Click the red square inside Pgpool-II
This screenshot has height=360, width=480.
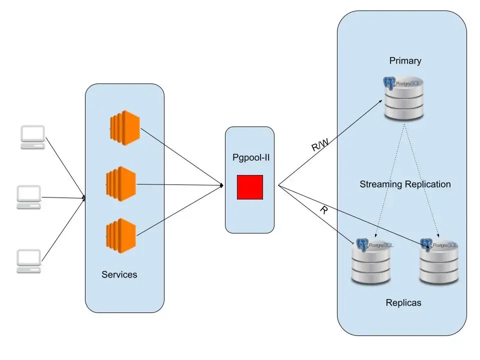click(x=250, y=187)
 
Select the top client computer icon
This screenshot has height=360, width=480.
click(x=32, y=137)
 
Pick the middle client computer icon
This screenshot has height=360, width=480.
click(x=29, y=197)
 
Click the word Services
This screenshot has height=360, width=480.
click(x=119, y=274)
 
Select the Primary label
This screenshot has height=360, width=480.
click(x=405, y=61)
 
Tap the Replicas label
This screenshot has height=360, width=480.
click(x=403, y=302)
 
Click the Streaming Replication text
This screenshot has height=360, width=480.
click(x=405, y=184)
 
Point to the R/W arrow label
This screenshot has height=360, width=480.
click(x=320, y=145)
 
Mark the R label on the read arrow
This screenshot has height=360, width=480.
click(x=324, y=210)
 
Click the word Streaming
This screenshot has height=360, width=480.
click(x=381, y=184)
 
